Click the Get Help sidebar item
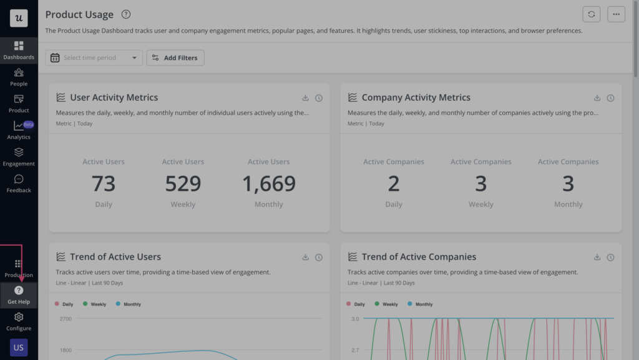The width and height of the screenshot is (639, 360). [19, 294]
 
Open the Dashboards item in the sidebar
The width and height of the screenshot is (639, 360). [19, 51]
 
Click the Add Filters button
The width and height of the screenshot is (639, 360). [175, 58]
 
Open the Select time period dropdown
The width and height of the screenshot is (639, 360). [94, 58]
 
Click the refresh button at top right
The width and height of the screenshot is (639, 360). [591, 14]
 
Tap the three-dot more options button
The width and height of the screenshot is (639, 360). [616, 14]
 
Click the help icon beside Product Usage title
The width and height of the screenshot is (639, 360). [126, 14]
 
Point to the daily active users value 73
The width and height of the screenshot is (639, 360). [104, 183]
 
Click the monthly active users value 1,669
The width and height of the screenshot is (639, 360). [268, 183]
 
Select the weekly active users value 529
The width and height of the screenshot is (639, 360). [183, 183]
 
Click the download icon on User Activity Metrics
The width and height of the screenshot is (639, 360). [305, 98]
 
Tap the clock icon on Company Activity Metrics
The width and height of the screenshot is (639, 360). [610, 98]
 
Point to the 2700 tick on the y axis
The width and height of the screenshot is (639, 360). [66, 319]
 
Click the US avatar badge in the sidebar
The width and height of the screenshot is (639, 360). [19, 348]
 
